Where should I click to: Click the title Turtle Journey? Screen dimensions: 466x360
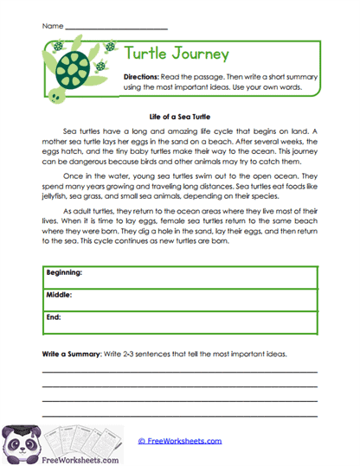tap(177, 54)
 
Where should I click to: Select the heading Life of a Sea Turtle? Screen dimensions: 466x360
tap(180, 115)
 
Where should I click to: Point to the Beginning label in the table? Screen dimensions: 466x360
tap(65, 273)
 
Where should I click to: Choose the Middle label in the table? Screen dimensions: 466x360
tap(60, 295)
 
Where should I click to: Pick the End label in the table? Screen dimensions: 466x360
tap(55, 316)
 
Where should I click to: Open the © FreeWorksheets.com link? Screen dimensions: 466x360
tap(179, 442)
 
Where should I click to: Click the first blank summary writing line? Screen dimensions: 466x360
tap(180, 373)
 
